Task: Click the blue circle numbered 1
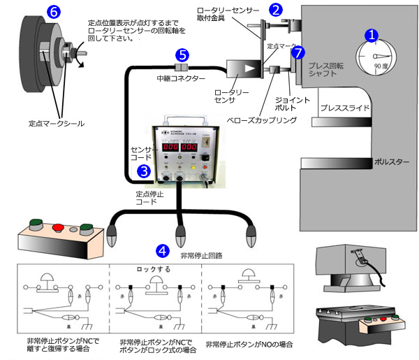tap(373, 35)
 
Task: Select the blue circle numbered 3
tap(143, 170)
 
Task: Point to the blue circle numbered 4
tap(162, 250)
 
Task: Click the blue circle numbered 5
tap(182, 54)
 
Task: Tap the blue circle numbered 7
tap(299, 53)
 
